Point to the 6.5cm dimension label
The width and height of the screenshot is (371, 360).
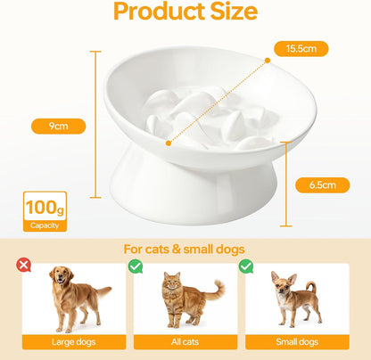point(322,185)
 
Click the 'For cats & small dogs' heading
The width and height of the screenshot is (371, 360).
point(185,250)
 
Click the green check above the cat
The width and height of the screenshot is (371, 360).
point(136,265)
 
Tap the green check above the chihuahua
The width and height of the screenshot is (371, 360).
point(245,265)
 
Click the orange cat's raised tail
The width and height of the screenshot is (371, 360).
point(216,289)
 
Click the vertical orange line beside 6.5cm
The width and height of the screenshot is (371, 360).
point(287,185)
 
